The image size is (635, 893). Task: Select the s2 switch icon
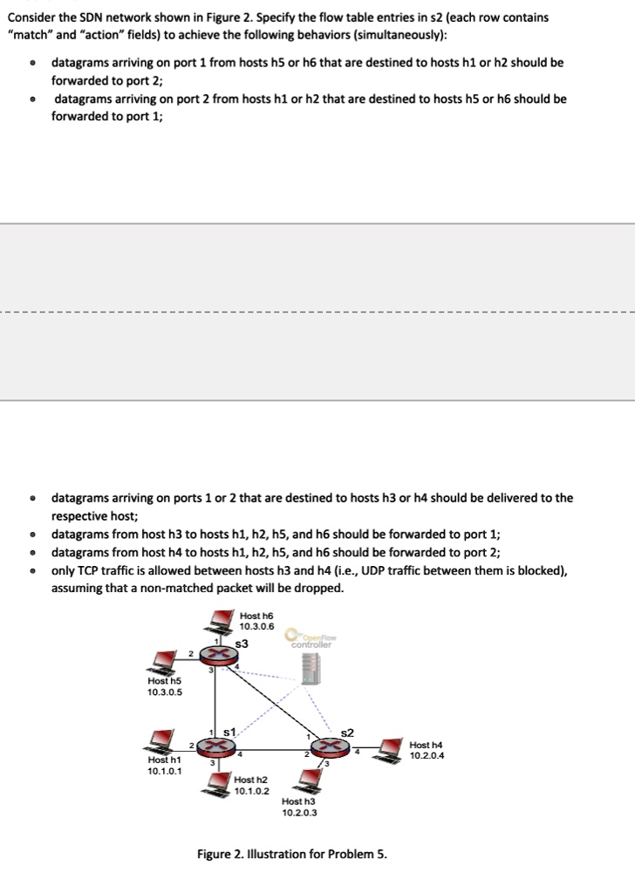point(331,746)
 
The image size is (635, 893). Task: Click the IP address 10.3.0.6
point(256,626)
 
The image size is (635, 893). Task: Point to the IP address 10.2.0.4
point(427,755)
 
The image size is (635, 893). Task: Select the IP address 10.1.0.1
point(164,771)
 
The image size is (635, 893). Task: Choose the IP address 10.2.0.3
point(299,812)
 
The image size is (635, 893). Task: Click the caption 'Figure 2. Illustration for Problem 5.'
point(291,853)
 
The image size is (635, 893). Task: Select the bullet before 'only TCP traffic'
point(32,571)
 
